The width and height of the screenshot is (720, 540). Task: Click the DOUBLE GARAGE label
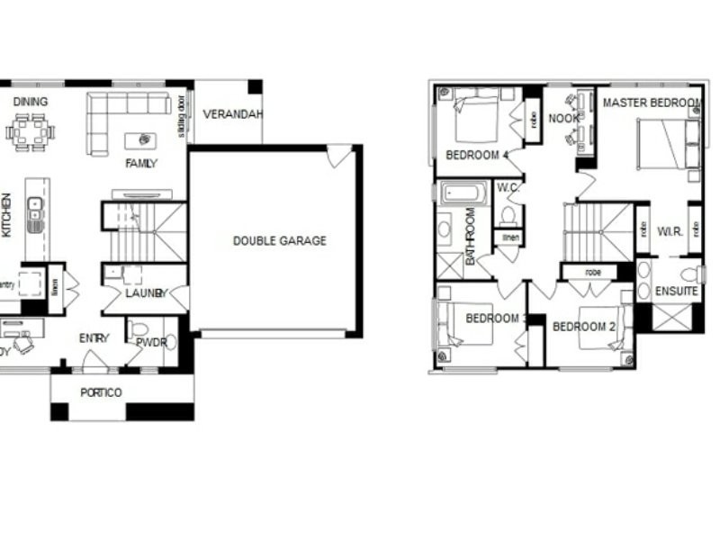[x=280, y=240]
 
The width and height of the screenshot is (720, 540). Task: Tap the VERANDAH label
[x=233, y=114]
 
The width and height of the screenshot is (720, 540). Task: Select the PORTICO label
[x=101, y=392]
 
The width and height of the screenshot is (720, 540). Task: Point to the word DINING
[x=31, y=102]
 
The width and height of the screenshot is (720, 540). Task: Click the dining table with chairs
[x=31, y=131]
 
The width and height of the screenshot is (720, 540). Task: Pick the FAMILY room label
[x=141, y=163]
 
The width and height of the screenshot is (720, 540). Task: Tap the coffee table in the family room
[x=140, y=140]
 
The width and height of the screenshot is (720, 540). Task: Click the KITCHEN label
[x=7, y=215]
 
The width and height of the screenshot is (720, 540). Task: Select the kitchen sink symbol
[x=34, y=209]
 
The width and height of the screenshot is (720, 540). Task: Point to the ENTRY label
[x=94, y=338]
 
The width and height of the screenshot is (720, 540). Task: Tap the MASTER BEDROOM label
[x=651, y=103]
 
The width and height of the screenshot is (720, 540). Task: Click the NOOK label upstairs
[x=564, y=118]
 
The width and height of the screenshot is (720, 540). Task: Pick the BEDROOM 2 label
[x=583, y=326]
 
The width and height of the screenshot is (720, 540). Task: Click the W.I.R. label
[x=669, y=231]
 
